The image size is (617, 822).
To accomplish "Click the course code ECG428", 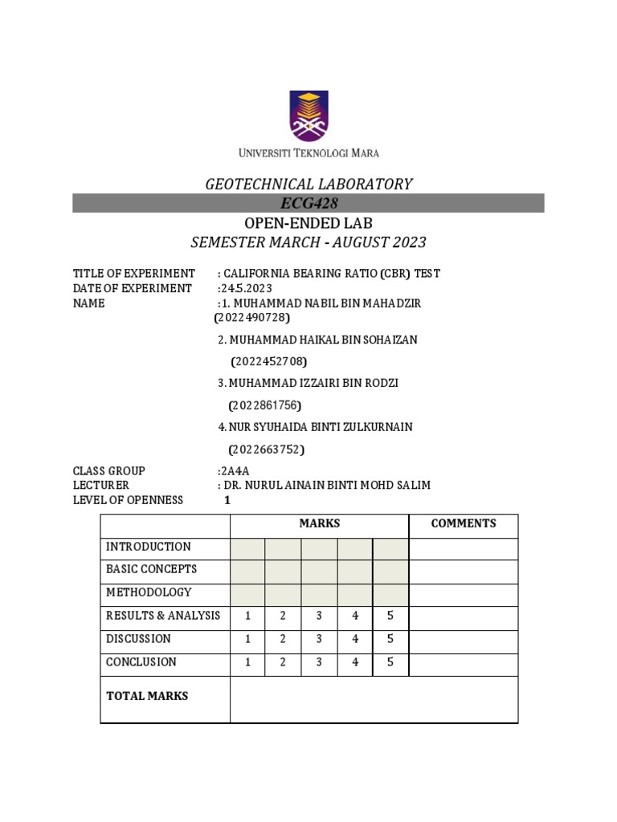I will tap(308, 203).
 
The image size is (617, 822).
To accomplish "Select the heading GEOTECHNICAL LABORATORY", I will tap(308, 184).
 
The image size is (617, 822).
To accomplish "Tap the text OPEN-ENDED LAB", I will tap(308, 223).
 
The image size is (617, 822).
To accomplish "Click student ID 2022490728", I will tap(251, 318).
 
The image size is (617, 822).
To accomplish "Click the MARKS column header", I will tap(320, 523).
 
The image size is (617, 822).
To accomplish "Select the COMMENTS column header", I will tap(464, 523).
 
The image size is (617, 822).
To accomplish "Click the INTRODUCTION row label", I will tap(149, 547).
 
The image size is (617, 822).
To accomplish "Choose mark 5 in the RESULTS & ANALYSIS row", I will tap(390, 616).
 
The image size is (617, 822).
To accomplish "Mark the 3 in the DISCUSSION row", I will tap(319, 639).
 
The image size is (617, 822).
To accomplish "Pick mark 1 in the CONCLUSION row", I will tap(248, 662).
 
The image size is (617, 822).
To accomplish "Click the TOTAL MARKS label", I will tap(147, 696).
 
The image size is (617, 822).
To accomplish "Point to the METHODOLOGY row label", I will tap(149, 592).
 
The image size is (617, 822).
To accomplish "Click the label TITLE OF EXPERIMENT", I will tap(134, 274).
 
